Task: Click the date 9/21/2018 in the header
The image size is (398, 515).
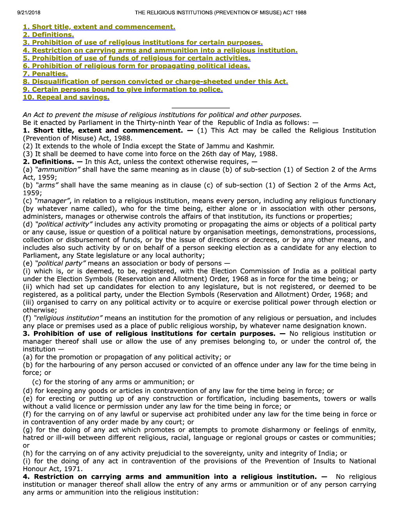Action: (x=28, y=12)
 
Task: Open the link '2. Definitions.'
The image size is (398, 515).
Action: (x=48, y=35)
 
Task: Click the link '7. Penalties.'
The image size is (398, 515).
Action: (x=45, y=74)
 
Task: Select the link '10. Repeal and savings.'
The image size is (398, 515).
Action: (x=66, y=97)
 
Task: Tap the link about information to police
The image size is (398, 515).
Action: (x=123, y=89)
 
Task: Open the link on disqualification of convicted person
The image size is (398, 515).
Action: (x=155, y=82)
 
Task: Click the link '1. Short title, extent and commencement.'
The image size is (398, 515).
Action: (x=99, y=27)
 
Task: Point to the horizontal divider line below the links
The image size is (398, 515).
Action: (x=201, y=108)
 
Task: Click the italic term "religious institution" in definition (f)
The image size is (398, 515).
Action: (x=68, y=318)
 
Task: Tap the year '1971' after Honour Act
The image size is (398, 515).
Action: (x=74, y=469)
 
